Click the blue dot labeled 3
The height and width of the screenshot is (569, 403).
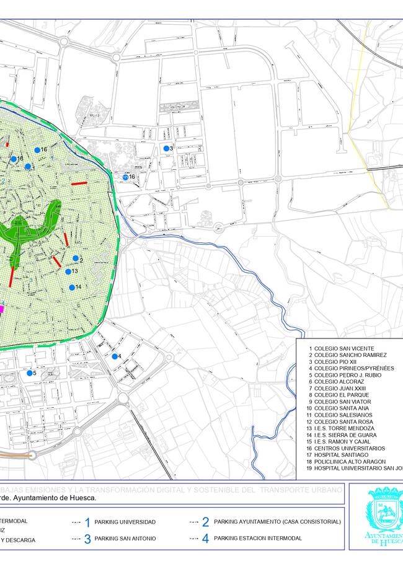click(166, 148)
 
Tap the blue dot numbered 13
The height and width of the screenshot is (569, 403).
click(68, 271)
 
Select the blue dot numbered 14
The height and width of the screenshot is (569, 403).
click(72, 287)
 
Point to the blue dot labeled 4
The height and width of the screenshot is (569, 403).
click(115, 356)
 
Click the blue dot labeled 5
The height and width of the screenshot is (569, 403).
click(29, 373)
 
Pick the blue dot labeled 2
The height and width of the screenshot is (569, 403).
click(76, 258)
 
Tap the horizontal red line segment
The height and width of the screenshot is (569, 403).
click(79, 183)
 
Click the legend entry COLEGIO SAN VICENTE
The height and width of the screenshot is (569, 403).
click(341, 348)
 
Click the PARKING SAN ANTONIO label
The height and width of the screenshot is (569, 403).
click(125, 538)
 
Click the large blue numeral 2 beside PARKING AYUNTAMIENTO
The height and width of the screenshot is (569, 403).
click(205, 523)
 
